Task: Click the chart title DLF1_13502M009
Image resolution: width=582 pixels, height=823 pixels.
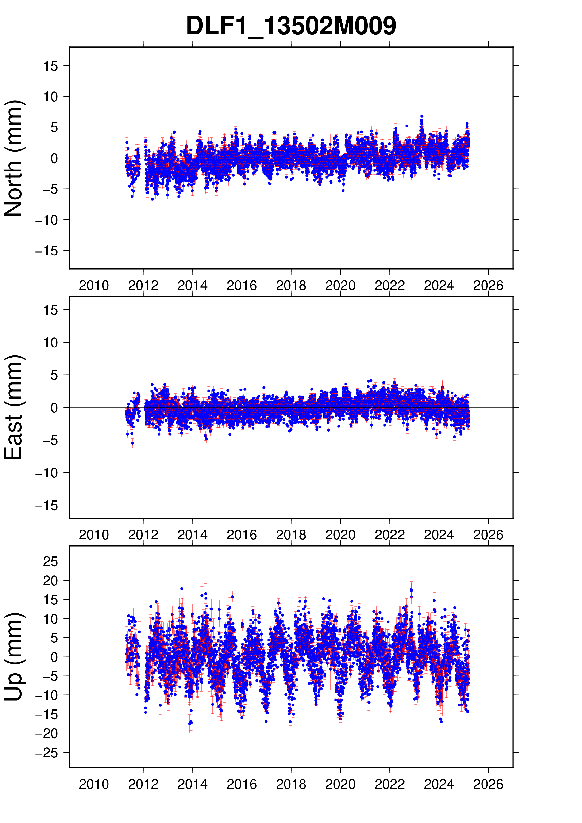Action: [291, 26]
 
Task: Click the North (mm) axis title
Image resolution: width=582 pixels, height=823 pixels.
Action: [13, 158]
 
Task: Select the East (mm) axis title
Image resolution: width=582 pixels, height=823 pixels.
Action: [13, 407]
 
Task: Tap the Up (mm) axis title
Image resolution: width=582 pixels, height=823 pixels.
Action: [13, 657]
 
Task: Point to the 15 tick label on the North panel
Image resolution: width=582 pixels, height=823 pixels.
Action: [50, 66]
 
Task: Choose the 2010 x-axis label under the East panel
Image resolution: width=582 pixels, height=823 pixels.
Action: [94, 535]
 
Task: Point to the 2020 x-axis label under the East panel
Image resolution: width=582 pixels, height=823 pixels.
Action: [340, 535]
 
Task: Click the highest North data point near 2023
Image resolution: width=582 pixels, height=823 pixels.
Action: [422, 116]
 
